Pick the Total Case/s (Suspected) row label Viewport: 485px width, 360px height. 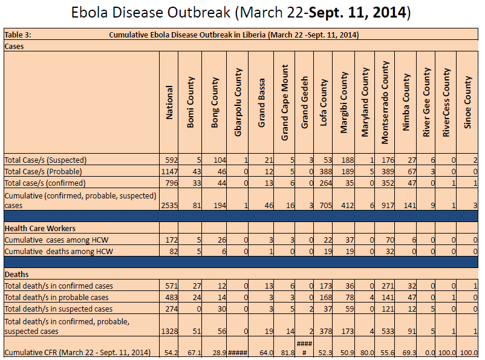(45, 160)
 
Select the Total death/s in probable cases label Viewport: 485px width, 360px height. (57, 297)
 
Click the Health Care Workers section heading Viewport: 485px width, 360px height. (39, 228)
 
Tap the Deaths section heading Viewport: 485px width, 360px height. (16, 274)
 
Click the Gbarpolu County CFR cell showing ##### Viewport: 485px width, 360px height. (236, 352)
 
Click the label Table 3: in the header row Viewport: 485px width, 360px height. (18, 35)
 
